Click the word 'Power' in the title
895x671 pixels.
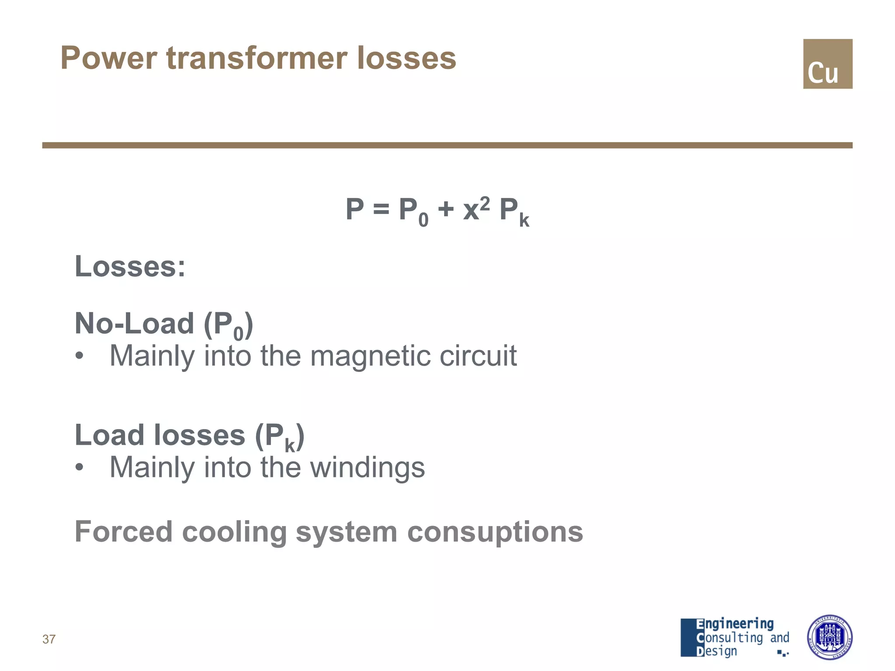tap(109, 58)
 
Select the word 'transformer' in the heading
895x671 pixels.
tap(257, 58)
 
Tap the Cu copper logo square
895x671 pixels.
tap(827, 64)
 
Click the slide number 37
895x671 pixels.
tap(49, 639)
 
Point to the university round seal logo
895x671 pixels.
tap(829, 637)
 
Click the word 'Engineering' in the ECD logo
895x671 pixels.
tap(735, 624)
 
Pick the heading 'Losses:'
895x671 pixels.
tap(130, 266)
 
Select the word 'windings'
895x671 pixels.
tap(367, 467)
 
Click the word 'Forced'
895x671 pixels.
tap(124, 532)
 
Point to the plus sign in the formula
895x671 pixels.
tap(446, 209)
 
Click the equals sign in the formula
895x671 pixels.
tap(381, 210)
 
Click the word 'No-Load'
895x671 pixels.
tap(134, 324)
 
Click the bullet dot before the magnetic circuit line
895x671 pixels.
tap(79, 356)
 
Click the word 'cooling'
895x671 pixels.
tap(234, 532)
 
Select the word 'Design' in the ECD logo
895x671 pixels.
tap(717, 651)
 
